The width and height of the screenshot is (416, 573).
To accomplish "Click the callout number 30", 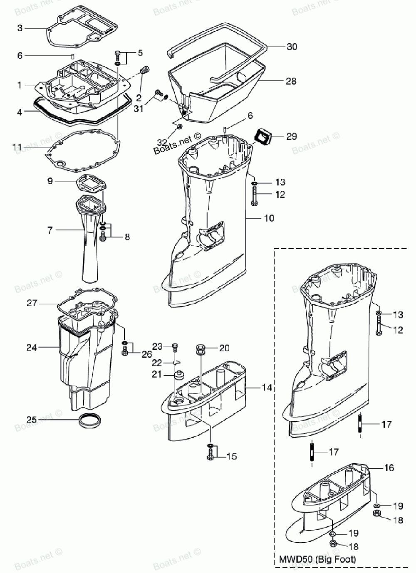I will pos(292,47).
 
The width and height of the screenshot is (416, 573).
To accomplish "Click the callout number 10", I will pos(269,217).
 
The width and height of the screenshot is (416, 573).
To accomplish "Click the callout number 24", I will pos(32,347).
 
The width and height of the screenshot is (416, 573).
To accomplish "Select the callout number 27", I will pos(32,303).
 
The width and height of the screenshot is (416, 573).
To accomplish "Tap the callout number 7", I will pos(50,230).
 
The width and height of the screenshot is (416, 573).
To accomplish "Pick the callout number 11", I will pos(17,147).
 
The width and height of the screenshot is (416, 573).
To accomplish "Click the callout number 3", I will pos(20,28).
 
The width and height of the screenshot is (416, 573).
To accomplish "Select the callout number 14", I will pos(267,388).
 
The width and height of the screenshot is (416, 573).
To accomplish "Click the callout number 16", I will pos(389,468).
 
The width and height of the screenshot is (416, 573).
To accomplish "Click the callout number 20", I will pos(224,348).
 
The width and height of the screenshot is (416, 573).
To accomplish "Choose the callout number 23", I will pos(157,346).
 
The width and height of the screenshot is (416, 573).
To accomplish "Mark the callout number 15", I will pos(232,457).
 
